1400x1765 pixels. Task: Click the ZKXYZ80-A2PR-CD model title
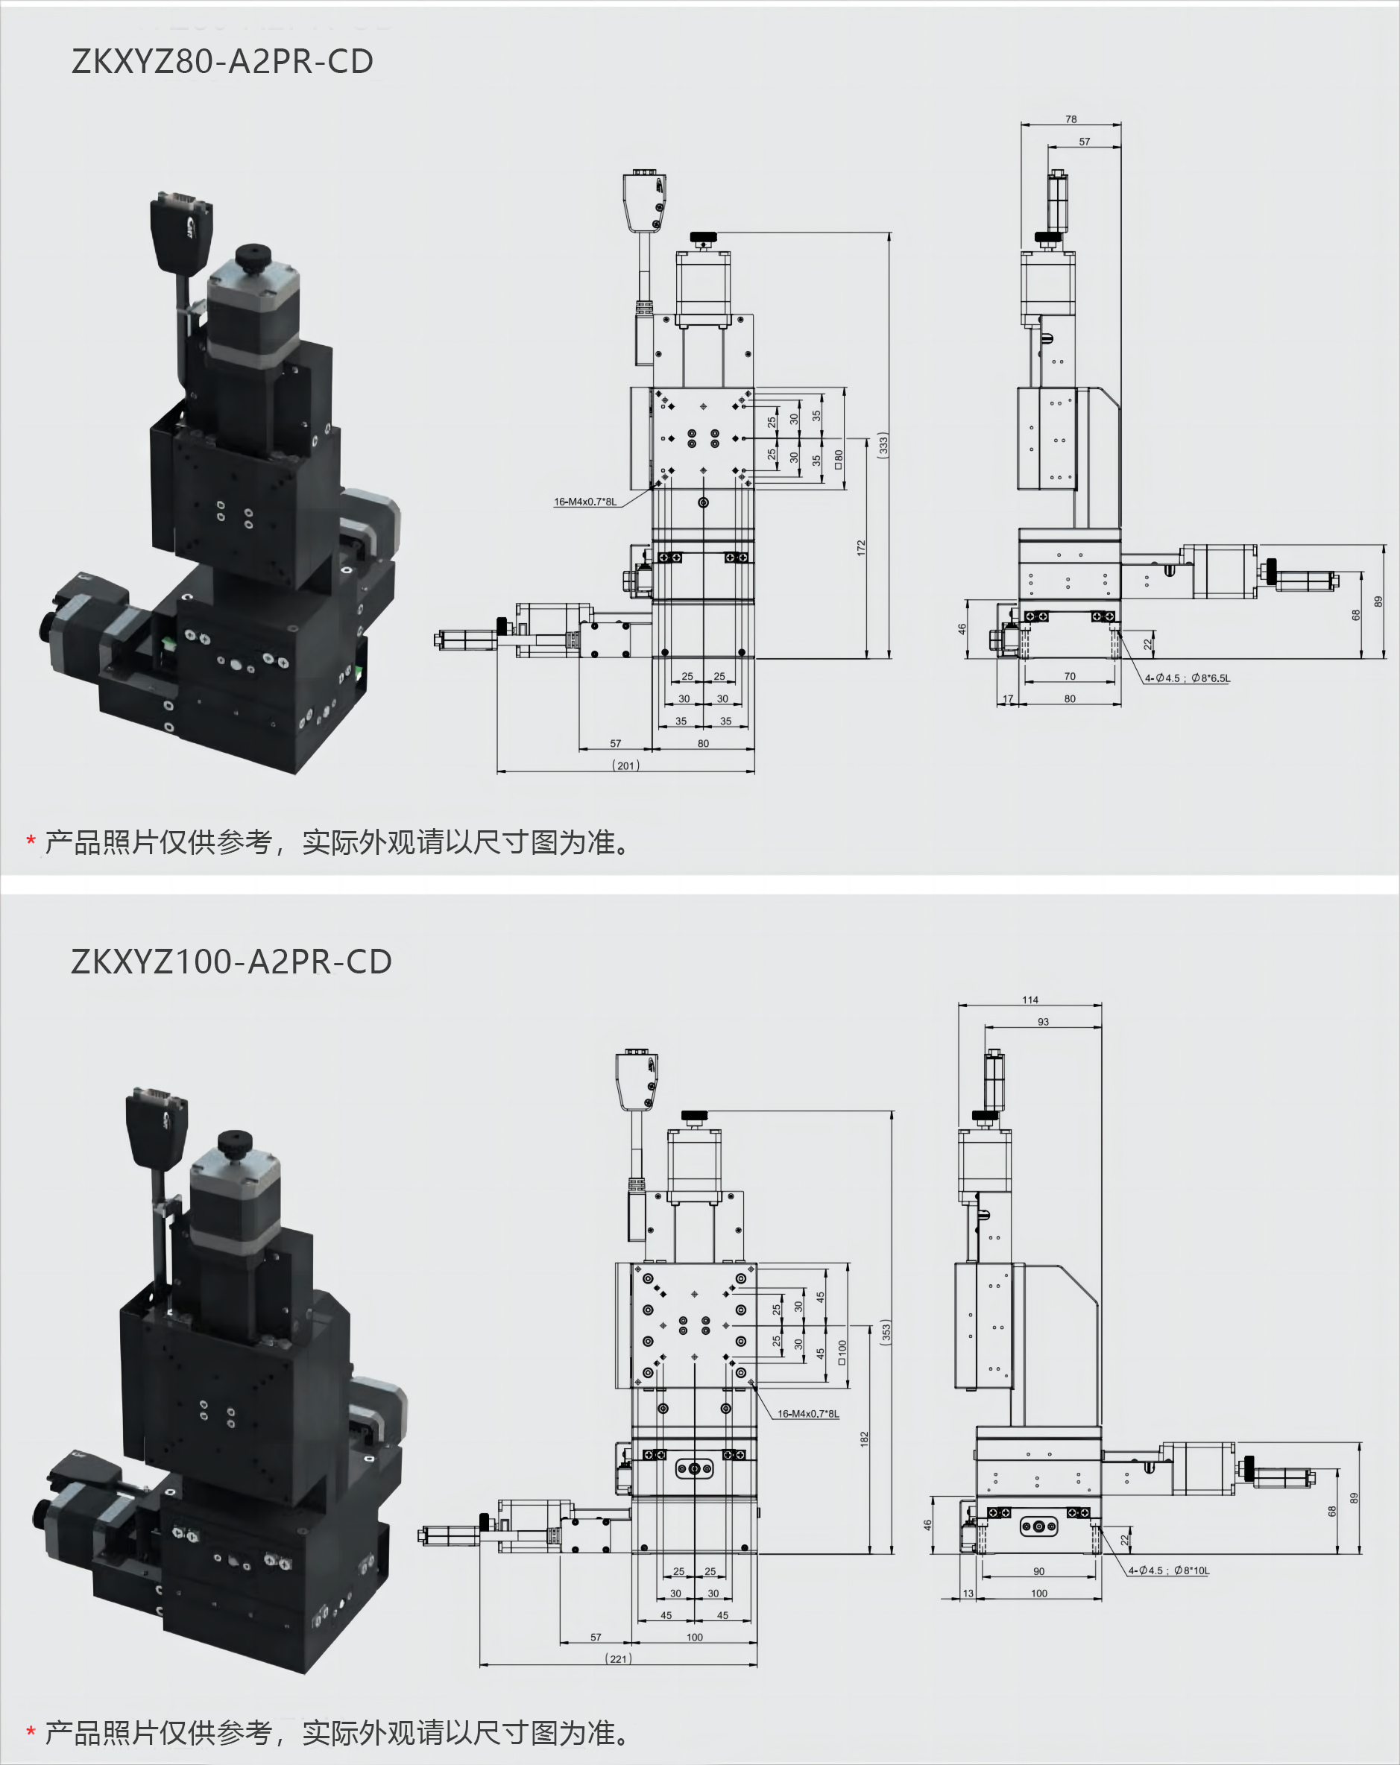[x=222, y=61]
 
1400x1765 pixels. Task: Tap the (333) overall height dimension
[x=883, y=444]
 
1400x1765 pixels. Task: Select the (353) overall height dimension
[x=885, y=1332]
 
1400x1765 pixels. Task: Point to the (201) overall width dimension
[x=625, y=765]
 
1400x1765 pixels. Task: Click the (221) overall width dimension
[x=618, y=1658]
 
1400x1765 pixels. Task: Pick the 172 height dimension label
[x=860, y=549]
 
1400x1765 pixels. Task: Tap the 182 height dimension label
[x=864, y=1439]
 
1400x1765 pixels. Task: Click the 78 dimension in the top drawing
[x=1071, y=119]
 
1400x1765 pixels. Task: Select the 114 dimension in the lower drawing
[x=1030, y=1000]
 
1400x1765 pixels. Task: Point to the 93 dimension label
[x=1043, y=1022]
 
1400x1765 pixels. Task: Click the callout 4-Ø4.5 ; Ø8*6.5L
[x=1186, y=678]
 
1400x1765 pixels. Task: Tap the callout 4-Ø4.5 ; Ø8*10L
[x=1168, y=1570]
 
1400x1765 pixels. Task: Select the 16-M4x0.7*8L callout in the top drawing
[x=584, y=502]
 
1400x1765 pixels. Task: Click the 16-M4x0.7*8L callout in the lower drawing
[x=807, y=1414]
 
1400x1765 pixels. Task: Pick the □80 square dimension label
[x=839, y=459]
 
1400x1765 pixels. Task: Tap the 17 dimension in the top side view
[x=1008, y=698]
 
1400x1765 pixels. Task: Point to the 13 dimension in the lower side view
[x=968, y=1593]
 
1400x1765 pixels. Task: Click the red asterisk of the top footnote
[x=31, y=841]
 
